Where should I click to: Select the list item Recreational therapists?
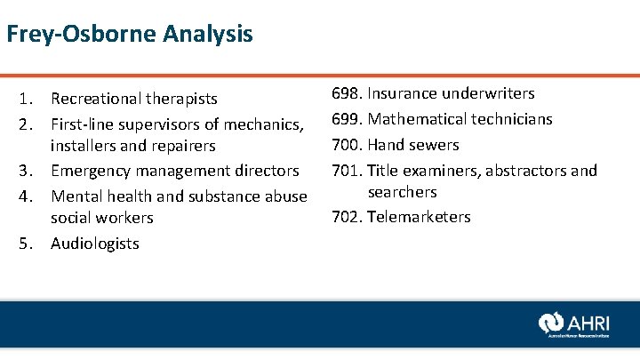tap(133, 99)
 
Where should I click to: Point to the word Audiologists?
tap(95, 244)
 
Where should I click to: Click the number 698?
tap(346, 93)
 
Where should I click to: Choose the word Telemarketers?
tap(419, 217)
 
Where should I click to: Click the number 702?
tap(346, 217)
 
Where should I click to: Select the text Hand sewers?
tap(413, 145)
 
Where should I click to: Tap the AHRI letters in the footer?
tap(590, 322)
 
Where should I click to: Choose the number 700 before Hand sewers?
tap(346, 145)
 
